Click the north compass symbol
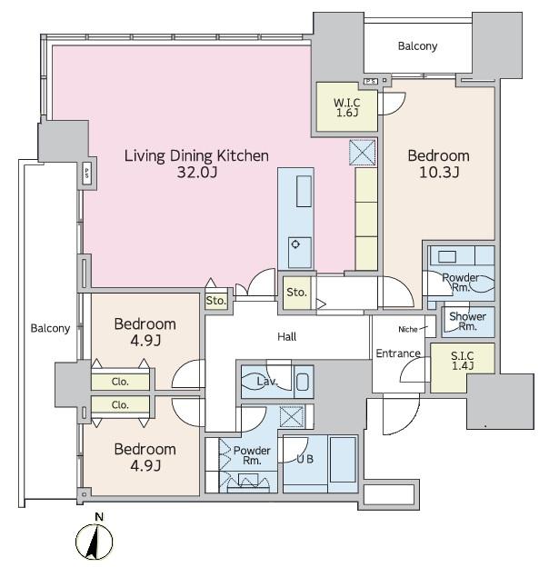click(x=94, y=542)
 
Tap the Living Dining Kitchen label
click(x=196, y=155)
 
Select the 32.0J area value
click(x=197, y=173)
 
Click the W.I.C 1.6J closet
click(x=347, y=107)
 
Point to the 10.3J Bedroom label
click(x=438, y=164)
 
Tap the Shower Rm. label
click(x=467, y=321)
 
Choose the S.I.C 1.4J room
click(x=463, y=368)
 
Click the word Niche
click(x=408, y=330)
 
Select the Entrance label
click(x=398, y=353)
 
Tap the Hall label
click(x=287, y=337)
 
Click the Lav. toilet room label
click(x=266, y=382)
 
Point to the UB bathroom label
click(x=304, y=459)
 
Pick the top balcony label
click(x=417, y=46)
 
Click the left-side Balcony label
click(x=50, y=328)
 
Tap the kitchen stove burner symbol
click(x=295, y=244)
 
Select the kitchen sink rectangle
click(x=304, y=192)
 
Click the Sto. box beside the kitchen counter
click(x=296, y=293)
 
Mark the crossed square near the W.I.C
click(x=362, y=153)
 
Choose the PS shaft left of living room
click(x=87, y=173)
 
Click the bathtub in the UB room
click(x=343, y=460)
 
